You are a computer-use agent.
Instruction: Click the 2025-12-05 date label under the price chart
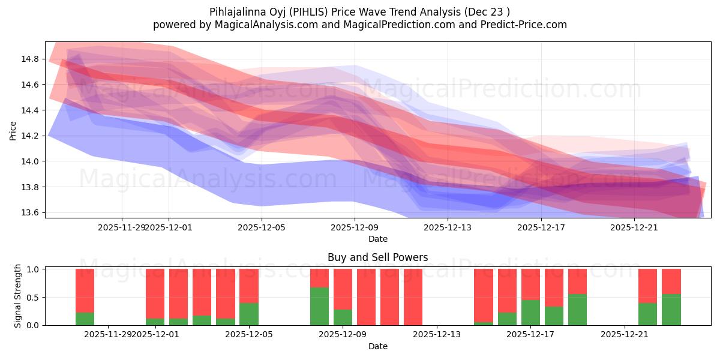262,227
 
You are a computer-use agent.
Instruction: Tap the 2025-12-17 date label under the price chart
541,227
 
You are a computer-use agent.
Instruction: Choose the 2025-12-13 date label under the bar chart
437,335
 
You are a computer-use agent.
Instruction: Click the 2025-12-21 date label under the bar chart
625,335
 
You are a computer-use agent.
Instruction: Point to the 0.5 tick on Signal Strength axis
34,297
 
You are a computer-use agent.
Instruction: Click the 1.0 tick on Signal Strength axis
34,269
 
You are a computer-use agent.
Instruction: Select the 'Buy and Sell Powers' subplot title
377,257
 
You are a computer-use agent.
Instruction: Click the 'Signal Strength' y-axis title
18,296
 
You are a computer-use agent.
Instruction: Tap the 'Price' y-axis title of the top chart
13,130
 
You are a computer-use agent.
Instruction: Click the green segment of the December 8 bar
319,306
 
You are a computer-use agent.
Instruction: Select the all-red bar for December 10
366,297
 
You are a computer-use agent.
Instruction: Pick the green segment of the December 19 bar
577,310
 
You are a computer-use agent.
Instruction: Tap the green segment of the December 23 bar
671,310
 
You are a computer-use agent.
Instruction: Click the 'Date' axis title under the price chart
377,239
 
